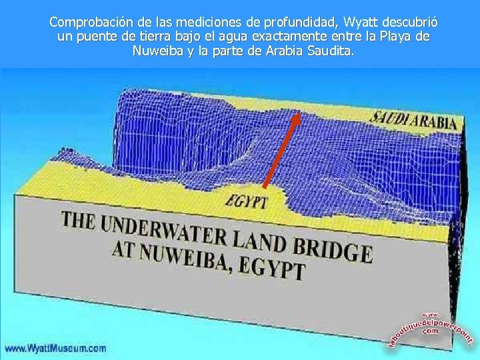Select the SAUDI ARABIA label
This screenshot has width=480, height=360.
(414, 119)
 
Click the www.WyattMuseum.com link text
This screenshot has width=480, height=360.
(55, 348)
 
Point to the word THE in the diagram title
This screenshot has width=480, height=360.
(79, 221)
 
